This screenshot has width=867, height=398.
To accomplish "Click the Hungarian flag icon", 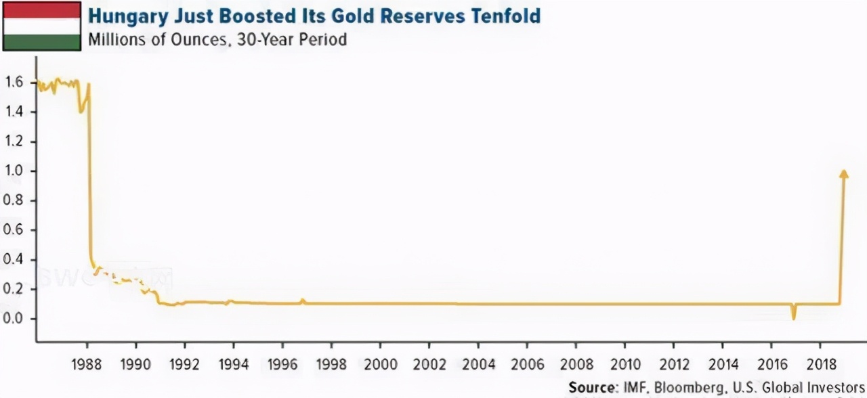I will coord(42,26).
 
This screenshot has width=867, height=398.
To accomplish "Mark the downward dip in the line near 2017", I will coord(792,313).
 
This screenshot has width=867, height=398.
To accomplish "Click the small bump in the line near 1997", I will coord(303,301).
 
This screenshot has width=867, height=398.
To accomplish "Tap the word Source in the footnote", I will coord(591,387).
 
